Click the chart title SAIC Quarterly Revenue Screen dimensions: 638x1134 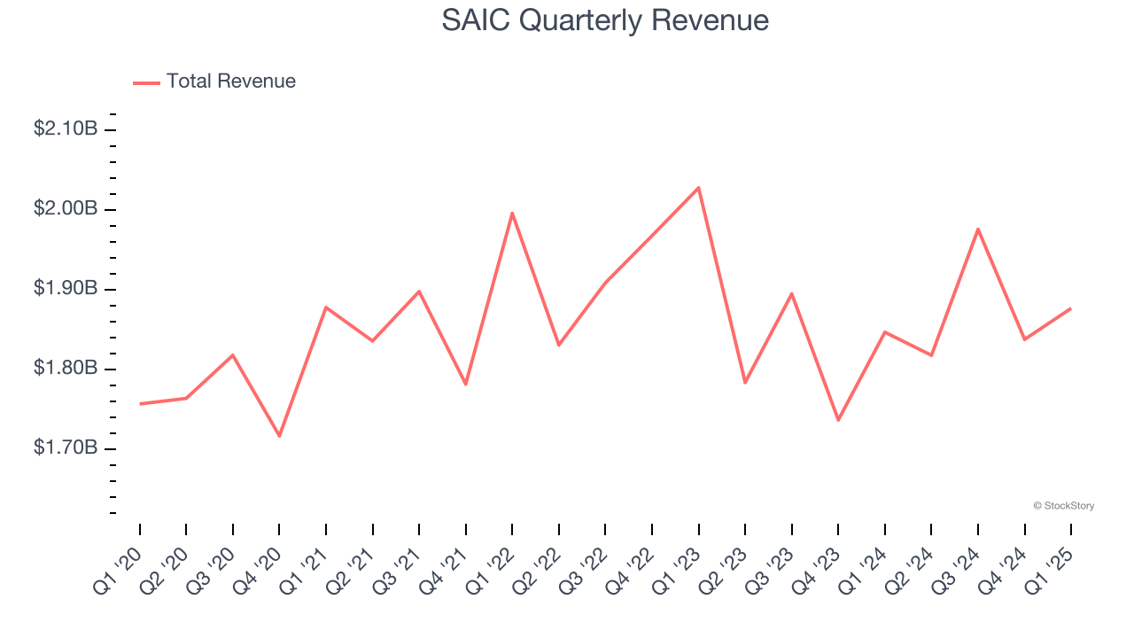pos(605,20)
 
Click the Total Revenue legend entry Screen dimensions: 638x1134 pos(214,82)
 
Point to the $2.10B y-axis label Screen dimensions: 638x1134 pos(66,129)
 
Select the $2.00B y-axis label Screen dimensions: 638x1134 pos(66,209)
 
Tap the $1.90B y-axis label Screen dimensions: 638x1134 pos(66,289)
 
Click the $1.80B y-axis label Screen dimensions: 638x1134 pos(66,369)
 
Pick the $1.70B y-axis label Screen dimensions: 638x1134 pos(66,448)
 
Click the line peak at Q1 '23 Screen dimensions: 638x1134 pos(698,188)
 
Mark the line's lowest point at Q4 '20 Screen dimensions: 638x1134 pos(279,436)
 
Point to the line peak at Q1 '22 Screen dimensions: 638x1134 pos(512,213)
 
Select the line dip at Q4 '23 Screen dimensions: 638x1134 pos(838,420)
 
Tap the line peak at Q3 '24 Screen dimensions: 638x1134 pos(978,229)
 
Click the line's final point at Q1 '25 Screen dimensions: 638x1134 pos(1070,308)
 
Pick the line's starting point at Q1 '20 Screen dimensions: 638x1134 pos(140,404)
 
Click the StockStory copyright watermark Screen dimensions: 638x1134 pos(1063,506)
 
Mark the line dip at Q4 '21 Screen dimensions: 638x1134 pos(466,384)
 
